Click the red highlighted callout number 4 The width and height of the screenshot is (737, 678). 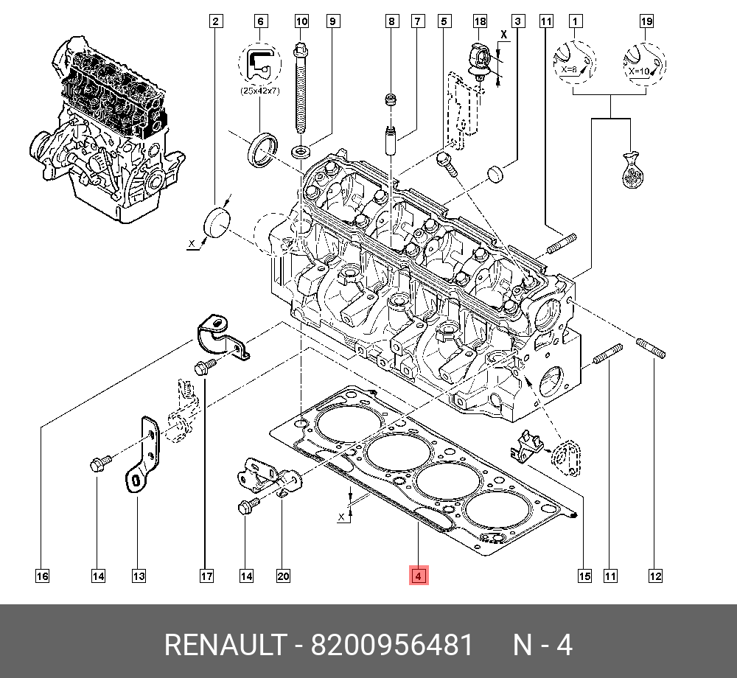(x=418, y=576)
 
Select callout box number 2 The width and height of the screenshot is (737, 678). (x=215, y=21)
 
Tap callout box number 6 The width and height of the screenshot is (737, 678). (x=259, y=21)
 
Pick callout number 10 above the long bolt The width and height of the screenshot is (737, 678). (x=302, y=21)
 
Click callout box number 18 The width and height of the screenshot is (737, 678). (x=480, y=21)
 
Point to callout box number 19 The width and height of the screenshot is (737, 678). (x=646, y=21)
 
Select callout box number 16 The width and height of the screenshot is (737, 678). (x=42, y=576)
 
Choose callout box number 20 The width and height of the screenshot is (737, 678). (x=283, y=576)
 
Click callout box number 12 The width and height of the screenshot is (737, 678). (x=655, y=576)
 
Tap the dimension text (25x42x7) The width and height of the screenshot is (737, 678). (x=260, y=91)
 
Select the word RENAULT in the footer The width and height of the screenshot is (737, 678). (x=223, y=646)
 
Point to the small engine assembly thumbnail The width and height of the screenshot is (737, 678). (x=107, y=133)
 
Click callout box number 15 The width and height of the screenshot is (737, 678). (x=584, y=576)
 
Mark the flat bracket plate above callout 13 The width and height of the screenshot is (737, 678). (x=144, y=457)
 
